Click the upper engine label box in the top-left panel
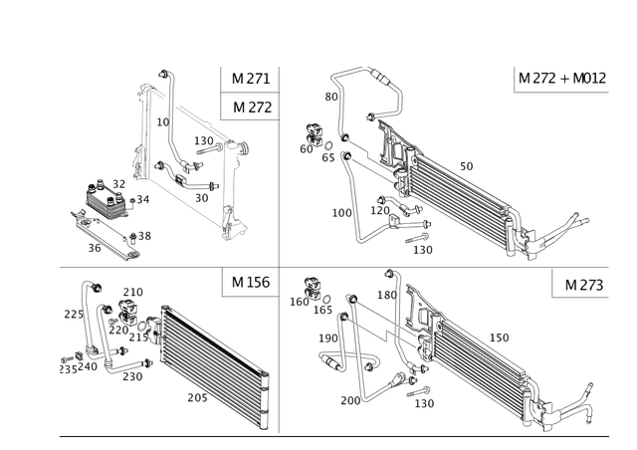coord(246,78)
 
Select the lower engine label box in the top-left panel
coord(246,107)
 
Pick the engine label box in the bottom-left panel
coord(246,283)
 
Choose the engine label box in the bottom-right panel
coord(575,283)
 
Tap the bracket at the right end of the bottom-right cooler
coord(567,410)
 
